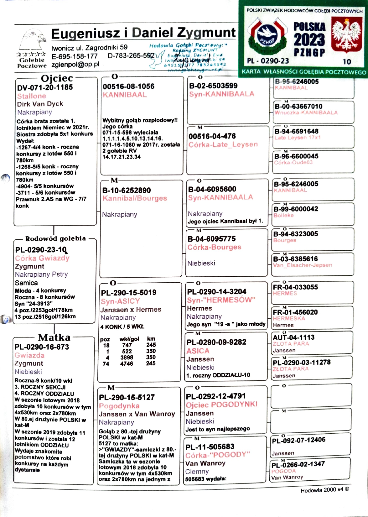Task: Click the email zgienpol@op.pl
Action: pyautogui.click(x=75, y=64)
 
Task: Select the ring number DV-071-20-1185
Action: pyautogui.click(x=45, y=87)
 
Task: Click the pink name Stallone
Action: pyautogui.click(x=32, y=96)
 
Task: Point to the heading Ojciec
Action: pyautogui.click(x=57, y=78)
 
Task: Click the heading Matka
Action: pyautogui.click(x=54, y=337)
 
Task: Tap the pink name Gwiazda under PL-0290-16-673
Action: pyautogui.click(x=29, y=355)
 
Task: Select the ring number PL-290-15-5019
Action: pyautogui.click(x=128, y=293)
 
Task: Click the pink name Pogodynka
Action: pyautogui.click(x=119, y=406)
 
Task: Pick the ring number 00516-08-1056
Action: pyautogui.click(x=128, y=86)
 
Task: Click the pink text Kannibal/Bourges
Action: pyautogui.click(x=135, y=198)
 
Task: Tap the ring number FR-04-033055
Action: pyautogui.click(x=295, y=287)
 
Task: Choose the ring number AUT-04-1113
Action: pyautogui.click(x=294, y=337)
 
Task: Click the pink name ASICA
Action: pyautogui.click(x=198, y=351)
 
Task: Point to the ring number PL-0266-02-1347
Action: pyautogui.click(x=298, y=464)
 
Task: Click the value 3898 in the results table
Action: pyautogui.click(x=127, y=358)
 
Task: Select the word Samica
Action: pyautogui.click(x=26, y=283)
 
